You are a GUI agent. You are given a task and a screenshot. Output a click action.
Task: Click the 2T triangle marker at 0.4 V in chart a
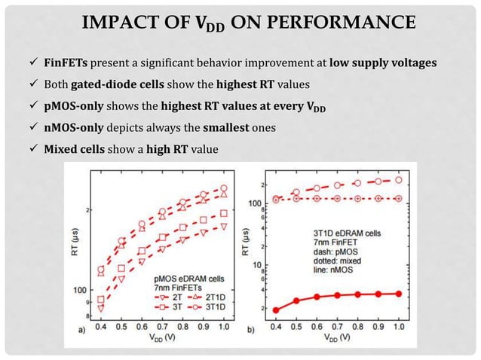tap(101, 308)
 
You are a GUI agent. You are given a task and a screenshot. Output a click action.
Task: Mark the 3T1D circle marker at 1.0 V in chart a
tap(223, 189)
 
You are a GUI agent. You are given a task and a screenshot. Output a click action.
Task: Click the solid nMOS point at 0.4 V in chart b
tap(276, 310)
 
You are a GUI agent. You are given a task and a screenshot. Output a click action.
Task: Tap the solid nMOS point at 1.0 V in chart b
tap(398, 294)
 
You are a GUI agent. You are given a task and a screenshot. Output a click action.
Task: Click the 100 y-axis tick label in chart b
tap(256, 203)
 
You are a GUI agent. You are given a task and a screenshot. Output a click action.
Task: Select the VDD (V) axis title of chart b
tap(336, 338)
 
